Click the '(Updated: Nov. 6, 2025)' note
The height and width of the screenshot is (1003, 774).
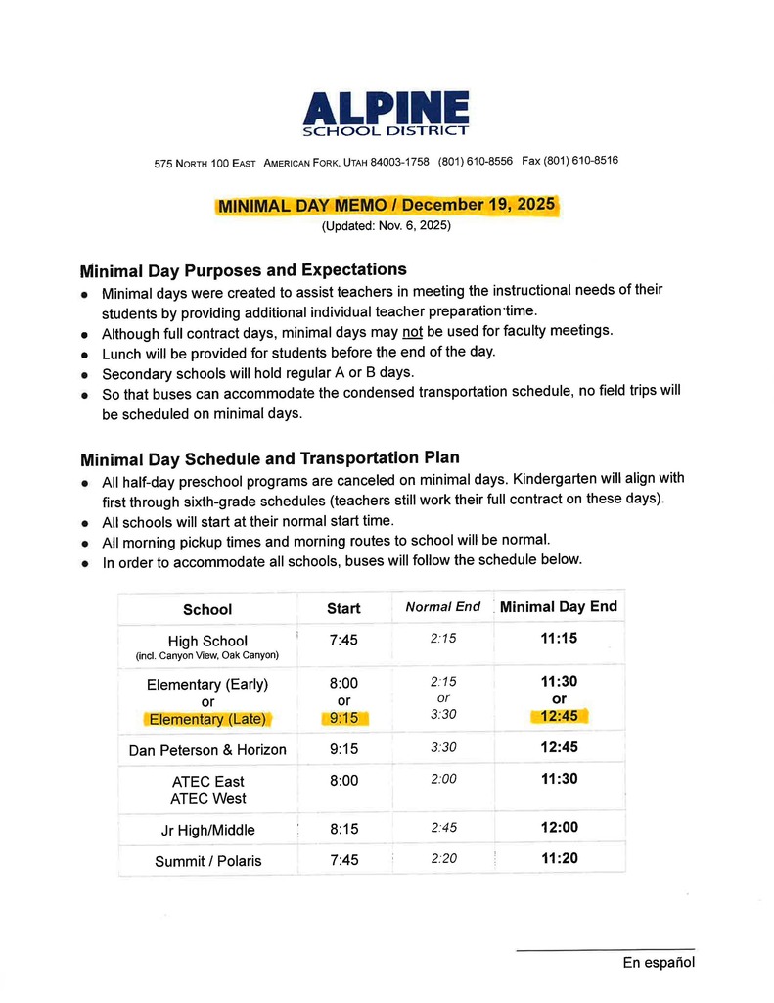coord(387,226)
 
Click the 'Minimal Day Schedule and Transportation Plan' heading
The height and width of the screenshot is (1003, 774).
coord(269,457)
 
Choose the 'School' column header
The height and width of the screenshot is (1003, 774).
coord(207,609)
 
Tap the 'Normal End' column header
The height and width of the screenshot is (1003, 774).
coord(442,607)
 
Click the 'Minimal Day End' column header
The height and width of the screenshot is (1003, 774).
coord(559,607)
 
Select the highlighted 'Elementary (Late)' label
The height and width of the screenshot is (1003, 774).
coord(207,719)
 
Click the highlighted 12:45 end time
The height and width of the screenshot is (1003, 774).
coord(559,717)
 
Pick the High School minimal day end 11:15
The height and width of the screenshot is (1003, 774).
coord(559,638)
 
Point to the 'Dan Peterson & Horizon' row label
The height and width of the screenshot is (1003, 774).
coord(207,750)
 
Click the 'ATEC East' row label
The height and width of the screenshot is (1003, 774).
coord(207,782)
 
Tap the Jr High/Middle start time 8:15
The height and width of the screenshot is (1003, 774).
coord(343,829)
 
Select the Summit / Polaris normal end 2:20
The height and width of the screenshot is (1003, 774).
coord(442,860)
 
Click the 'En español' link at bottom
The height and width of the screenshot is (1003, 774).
coord(659,963)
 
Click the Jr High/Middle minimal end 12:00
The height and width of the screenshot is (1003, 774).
coord(559,828)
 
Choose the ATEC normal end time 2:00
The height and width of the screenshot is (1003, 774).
coord(442,780)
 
